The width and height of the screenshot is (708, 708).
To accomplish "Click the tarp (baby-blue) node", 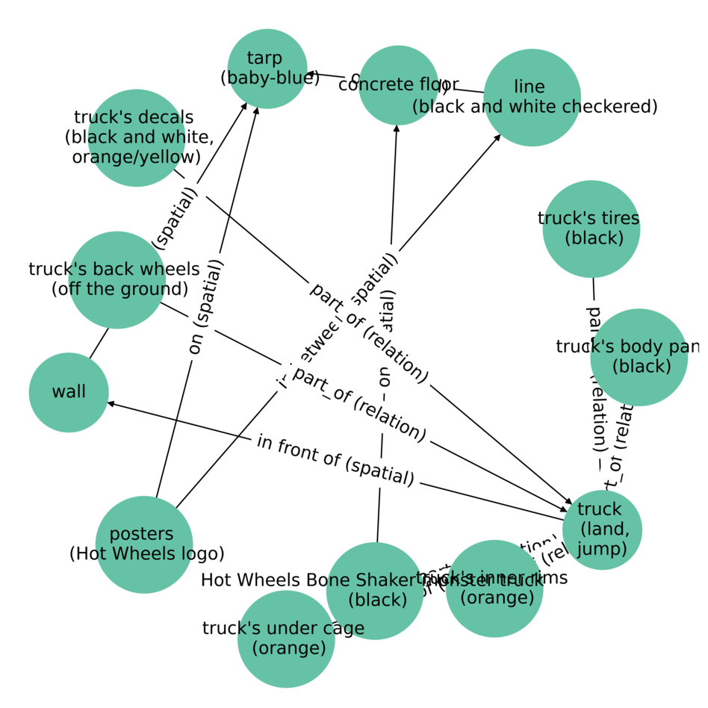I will coord(267,69).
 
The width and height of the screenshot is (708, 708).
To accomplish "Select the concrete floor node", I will coord(398,85).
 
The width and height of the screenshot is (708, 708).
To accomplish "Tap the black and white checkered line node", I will coord(532,97).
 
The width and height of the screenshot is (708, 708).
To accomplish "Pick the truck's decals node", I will coord(136,137).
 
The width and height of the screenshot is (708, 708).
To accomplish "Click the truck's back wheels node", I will coord(116,279).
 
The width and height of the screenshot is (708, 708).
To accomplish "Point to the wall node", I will coord(69,392).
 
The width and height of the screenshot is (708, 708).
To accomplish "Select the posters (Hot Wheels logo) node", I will coord(144,544).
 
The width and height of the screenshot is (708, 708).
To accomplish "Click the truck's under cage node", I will coord(286,639).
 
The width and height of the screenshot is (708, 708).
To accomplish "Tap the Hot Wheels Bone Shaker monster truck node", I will coord(375,591).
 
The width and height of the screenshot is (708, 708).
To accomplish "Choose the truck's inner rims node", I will coord(494,589).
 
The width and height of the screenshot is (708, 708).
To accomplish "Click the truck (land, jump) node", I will coord(602,530).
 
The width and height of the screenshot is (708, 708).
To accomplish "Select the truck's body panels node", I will coord(639,357).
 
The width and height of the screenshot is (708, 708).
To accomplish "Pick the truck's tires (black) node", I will coord(591,229).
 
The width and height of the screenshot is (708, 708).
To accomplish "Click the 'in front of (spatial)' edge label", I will coord(335,460).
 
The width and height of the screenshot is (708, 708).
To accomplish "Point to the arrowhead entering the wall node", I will coord(112,403).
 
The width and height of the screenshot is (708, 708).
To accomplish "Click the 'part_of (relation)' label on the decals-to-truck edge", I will coord(369,333).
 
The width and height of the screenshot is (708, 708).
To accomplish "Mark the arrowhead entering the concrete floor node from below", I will coord(396,128).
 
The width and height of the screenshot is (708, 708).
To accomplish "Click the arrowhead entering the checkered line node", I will coord(498,137).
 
